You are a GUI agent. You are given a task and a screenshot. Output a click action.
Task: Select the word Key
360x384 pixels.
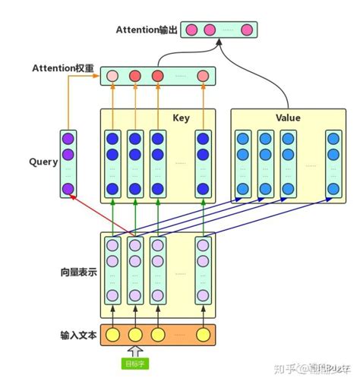pyautogui.click(x=181, y=118)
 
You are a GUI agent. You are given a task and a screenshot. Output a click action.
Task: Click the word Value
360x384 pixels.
pyautogui.click(x=287, y=118)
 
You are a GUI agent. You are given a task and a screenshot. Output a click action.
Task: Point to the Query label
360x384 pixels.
pyautogui.click(x=43, y=162)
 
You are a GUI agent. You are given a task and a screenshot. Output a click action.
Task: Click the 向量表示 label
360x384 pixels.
pyautogui.click(x=78, y=272)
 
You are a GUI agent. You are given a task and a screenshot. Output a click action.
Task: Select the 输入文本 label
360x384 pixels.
pyautogui.click(x=78, y=335)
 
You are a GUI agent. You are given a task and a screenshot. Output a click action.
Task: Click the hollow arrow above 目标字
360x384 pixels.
pyautogui.click(x=135, y=351)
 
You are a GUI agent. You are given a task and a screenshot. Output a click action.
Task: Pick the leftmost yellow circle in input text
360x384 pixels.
pyautogui.click(x=112, y=335)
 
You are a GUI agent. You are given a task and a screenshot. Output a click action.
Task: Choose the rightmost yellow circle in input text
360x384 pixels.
pyautogui.click(x=203, y=335)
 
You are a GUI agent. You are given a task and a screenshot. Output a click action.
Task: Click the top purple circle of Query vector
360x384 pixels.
pyautogui.click(x=68, y=138)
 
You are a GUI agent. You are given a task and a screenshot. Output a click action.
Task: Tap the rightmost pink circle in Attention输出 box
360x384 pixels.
pyautogui.click(x=246, y=30)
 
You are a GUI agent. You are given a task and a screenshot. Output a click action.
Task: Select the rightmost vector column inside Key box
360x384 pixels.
pyautogui.click(x=203, y=163)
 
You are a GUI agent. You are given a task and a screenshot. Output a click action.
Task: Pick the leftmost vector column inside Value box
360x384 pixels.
pyautogui.click(x=242, y=163)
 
